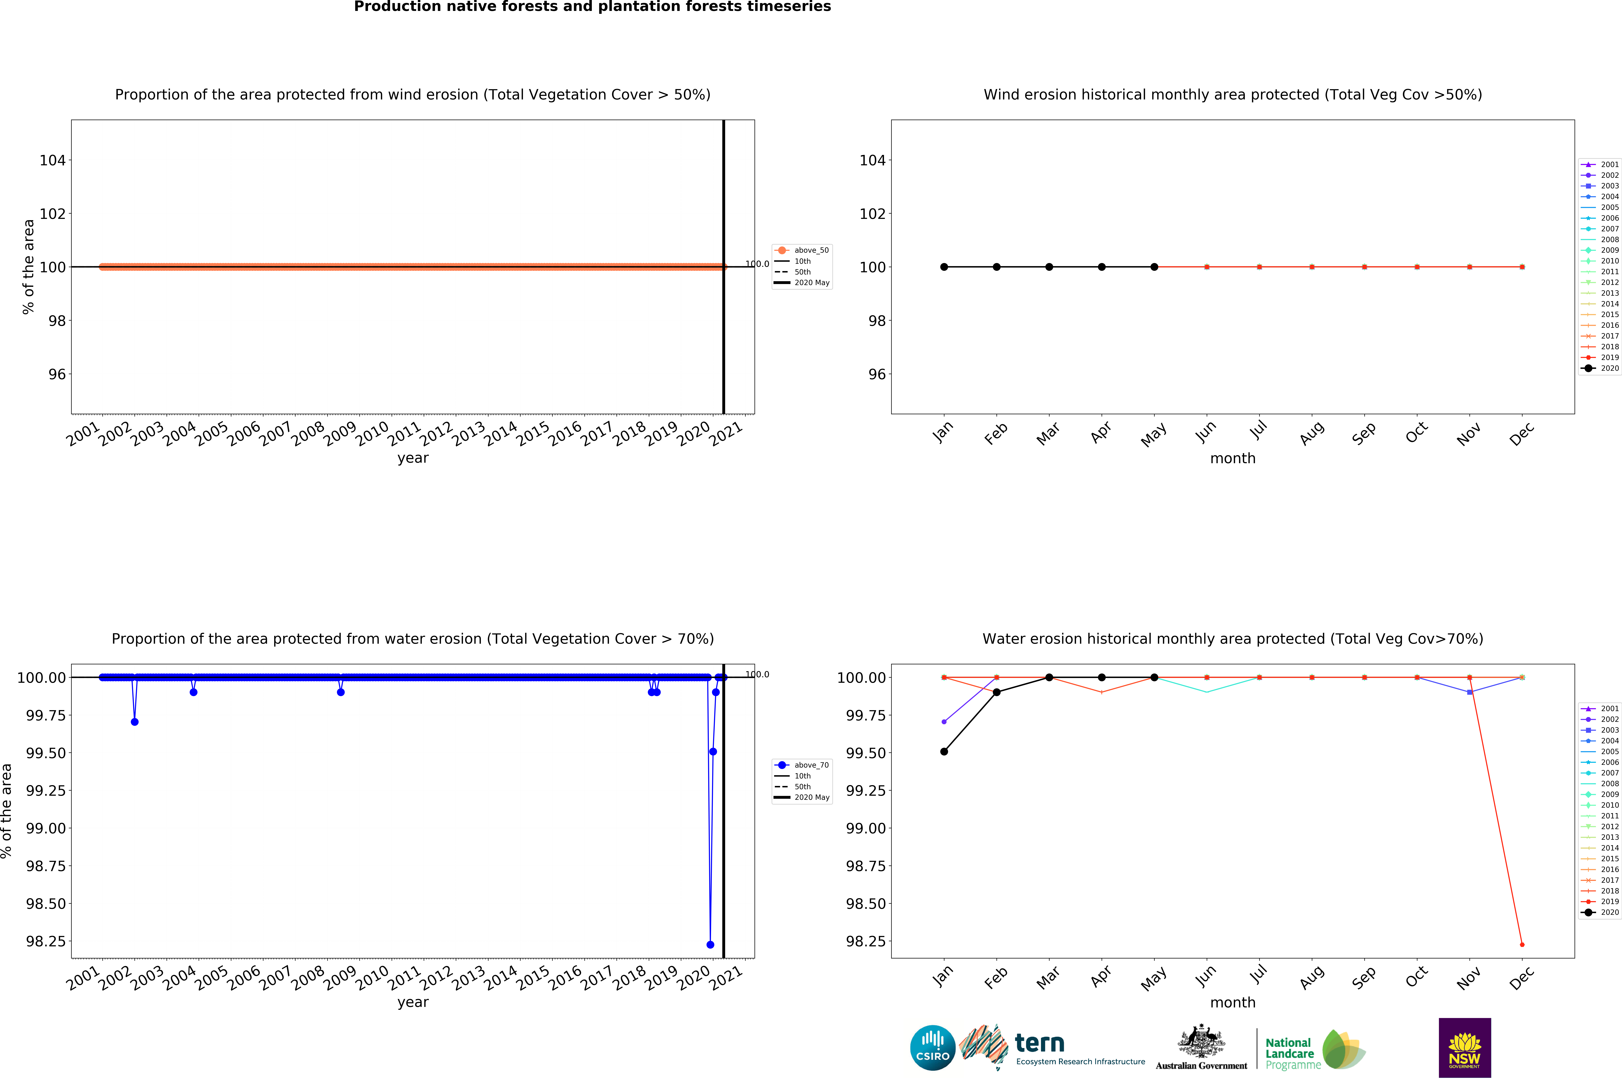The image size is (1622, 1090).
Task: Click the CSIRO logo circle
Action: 932,1048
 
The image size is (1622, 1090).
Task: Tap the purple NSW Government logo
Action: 1464,1048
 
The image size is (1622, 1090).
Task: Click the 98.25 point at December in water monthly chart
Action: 1522,945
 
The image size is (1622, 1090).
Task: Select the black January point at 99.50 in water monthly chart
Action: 943,752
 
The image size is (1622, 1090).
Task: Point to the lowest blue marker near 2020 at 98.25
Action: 710,945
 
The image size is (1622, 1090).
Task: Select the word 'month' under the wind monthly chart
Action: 1233,458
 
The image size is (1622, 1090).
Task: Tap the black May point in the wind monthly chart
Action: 1154,267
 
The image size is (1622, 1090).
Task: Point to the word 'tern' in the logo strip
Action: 1039,1043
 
